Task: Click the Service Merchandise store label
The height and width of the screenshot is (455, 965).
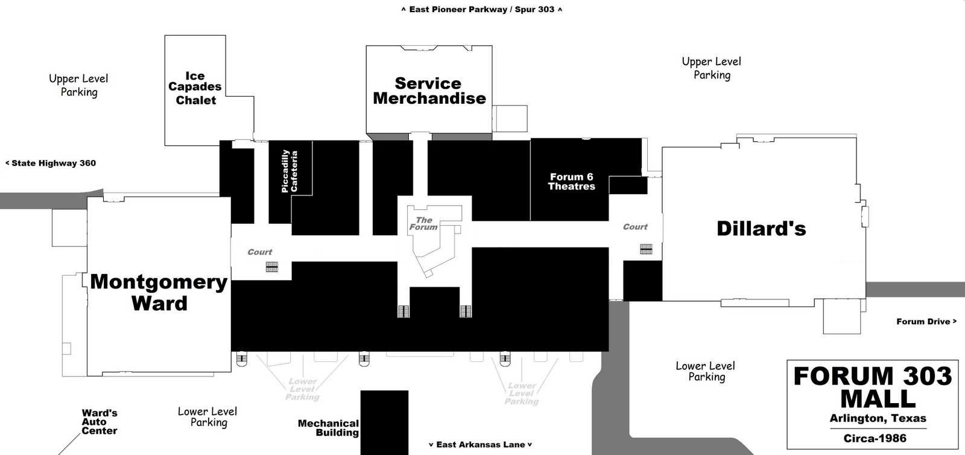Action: tap(429, 91)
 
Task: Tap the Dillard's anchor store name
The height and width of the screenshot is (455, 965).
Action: tap(761, 229)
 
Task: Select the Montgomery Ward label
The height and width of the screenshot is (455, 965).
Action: tap(159, 292)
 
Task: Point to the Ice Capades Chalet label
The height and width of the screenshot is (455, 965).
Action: tap(195, 88)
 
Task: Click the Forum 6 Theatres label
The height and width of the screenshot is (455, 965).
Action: tap(571, 182)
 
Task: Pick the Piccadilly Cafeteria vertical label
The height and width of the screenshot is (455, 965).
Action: tap(289, 171)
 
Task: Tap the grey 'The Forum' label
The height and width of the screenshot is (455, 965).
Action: tap(423, 223)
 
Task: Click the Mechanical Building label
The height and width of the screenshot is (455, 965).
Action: tap(328, 428)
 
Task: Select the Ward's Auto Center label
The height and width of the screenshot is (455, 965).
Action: tap(100, 422)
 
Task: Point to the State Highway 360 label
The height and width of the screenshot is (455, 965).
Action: tap(51, 163)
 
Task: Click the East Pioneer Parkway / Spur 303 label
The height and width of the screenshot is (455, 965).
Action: tap(481, 10)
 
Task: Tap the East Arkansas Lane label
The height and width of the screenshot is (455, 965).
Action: tap(480, 445)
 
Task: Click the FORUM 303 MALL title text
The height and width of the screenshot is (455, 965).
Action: tap(873, 387)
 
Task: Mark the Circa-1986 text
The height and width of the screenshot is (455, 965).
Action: tap(875, 439)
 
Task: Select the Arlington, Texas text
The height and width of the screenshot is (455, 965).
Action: tap(878, 418)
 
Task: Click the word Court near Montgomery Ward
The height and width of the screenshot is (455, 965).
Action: tap(260, 252)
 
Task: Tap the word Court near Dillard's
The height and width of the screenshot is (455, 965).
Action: tap(635, 227)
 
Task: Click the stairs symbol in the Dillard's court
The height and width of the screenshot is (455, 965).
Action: tap(646, 249)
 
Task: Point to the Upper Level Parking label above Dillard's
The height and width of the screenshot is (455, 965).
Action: tap(712, 68)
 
